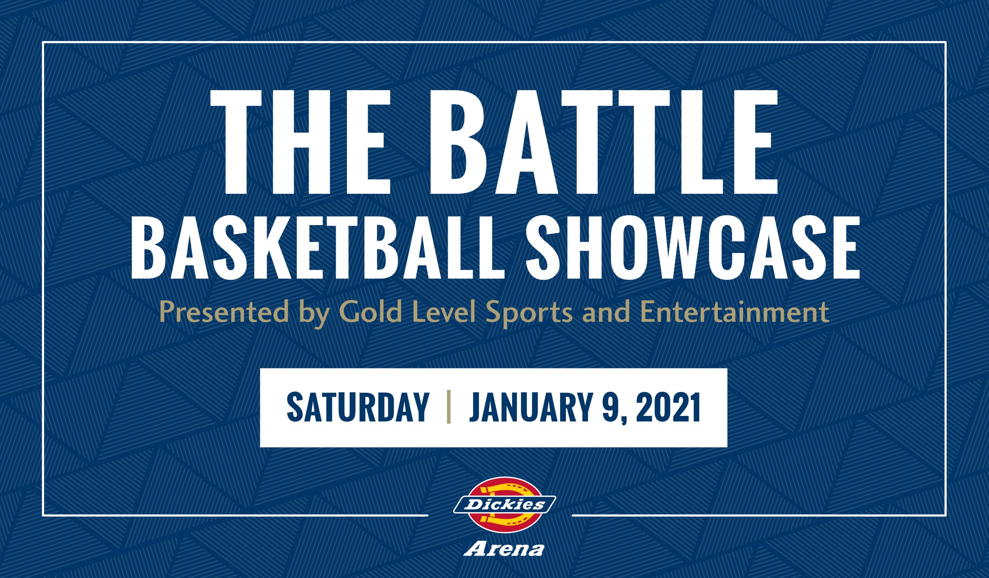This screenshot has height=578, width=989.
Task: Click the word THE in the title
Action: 301,142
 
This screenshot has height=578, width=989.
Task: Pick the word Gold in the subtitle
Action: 371,312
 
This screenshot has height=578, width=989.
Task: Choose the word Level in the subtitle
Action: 444,312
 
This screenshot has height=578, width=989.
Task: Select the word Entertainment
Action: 735,312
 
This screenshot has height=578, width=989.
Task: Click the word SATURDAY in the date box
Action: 357,407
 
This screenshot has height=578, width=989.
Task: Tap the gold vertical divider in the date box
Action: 449,407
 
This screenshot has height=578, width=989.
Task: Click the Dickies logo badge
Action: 505,505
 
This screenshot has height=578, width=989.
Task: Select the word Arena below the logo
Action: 504,549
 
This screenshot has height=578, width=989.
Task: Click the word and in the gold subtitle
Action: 607,312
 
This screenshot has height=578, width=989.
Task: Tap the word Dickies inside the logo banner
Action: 505,504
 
